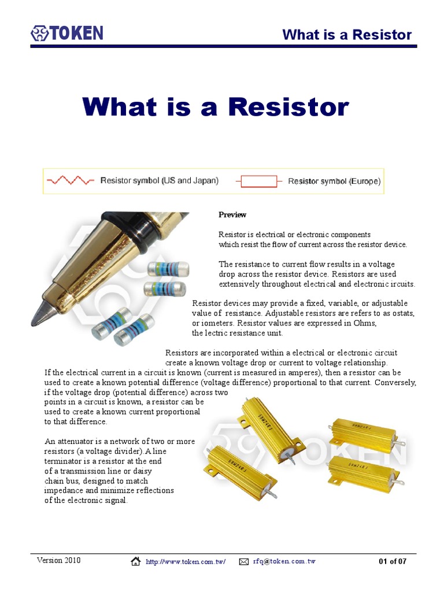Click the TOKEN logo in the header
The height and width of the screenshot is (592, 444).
(67, 32)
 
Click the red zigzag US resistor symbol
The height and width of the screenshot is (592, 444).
(71, 181)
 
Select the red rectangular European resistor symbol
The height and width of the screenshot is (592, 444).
(258, 182)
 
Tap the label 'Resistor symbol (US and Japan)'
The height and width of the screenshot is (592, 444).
(160, 181)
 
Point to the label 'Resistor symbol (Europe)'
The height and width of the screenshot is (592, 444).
(334, 182)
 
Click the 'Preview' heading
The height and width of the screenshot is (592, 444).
(232, 214)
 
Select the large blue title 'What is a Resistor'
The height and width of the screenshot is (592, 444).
(216, 107)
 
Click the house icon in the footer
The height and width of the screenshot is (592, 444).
(136, 561)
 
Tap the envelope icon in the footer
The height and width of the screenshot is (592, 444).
(243, 561)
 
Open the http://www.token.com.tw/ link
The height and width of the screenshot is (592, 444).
(185, 561)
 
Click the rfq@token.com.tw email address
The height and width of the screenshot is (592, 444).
(284, 561)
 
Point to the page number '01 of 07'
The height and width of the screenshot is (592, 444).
(393, 561)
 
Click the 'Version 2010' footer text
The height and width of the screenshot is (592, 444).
(59, 561)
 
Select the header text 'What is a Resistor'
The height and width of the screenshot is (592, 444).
(347, 35)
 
